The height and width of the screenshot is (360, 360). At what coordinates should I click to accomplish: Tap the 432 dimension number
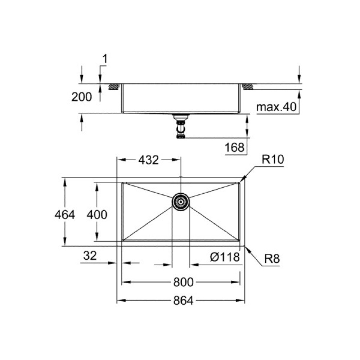[148, 160]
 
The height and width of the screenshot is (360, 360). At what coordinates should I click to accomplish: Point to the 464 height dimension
[65, 215]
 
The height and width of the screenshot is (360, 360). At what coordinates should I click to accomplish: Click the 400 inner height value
[97, 215]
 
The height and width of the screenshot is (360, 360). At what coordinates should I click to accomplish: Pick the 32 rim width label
[90, 256]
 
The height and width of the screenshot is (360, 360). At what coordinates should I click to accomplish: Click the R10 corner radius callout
[273, 159]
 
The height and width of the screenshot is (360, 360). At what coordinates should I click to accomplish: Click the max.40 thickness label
[276, 107]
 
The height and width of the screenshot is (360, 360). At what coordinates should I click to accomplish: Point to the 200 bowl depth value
[82, 97]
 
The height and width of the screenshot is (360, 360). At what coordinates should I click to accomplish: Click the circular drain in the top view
[180, 202]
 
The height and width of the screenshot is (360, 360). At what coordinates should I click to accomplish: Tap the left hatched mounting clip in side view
[114, 87]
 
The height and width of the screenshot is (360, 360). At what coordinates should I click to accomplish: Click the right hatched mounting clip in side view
[248, 87]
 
